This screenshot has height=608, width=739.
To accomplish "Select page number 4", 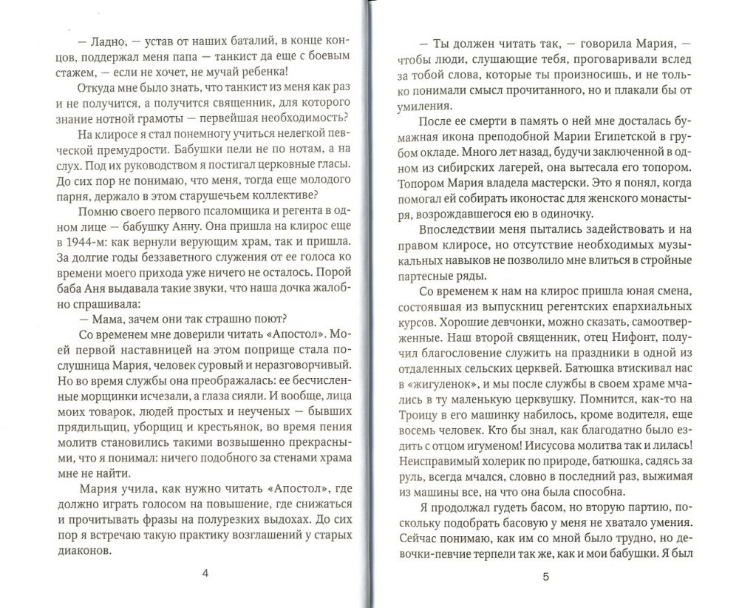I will coord(205,574).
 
